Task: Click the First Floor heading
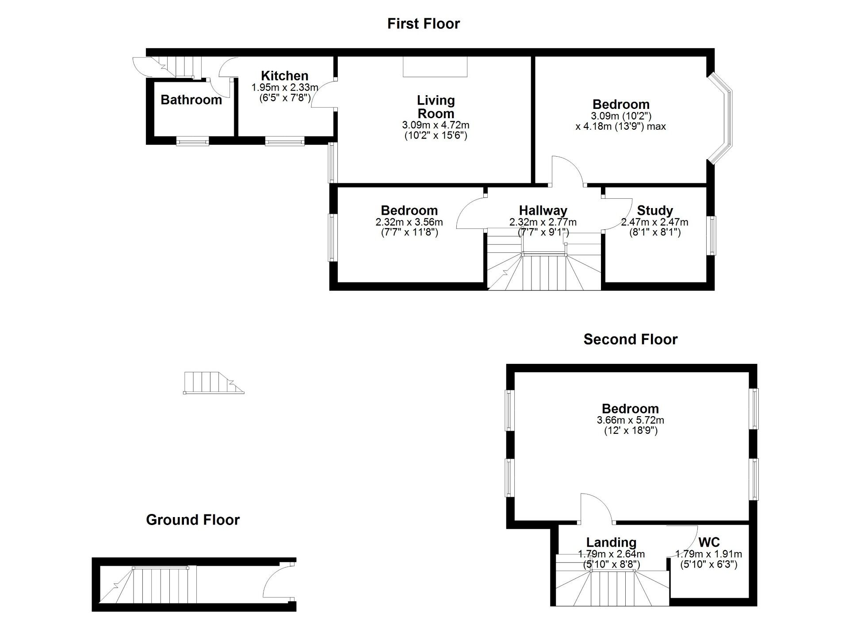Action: (x=423, y=23)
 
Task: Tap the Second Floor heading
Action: (x=630, y=339)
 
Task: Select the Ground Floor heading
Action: (x=193, y=519)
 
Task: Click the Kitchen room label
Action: (x=284, y=76)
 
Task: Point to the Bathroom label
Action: (x=191, y=100)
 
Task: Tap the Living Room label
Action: (x=436, y=107)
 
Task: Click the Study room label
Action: (x=654, y=210)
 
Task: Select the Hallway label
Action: (x=543, y=210)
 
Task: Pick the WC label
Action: (x=709, y=542)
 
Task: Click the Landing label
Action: (x=611, y=542)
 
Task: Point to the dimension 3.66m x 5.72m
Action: (x=630, y=420)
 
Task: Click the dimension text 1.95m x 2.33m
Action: (x=284, y=88)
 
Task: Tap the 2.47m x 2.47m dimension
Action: (x=654, y=222)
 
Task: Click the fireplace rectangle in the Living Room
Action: (x=435, y=66)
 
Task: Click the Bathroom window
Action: (x=192, y=142)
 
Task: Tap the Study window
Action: (x=711, y=235)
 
